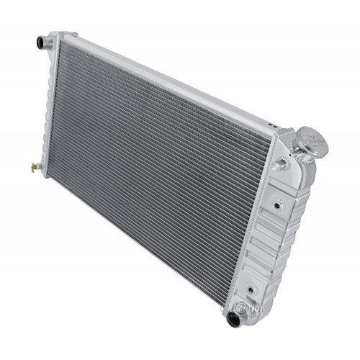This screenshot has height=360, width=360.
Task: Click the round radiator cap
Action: click(x=311, y=138)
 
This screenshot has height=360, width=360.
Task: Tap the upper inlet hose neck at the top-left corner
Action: click(x=42, y=42)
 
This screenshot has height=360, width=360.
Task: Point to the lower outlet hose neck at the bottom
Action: click(x=235, y=318)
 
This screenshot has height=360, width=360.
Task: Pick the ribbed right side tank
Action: click(x=277, y=230)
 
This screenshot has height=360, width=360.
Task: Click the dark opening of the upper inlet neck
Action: click(x=39, y=43)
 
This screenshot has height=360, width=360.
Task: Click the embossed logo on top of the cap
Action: click(x=313, y=137)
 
